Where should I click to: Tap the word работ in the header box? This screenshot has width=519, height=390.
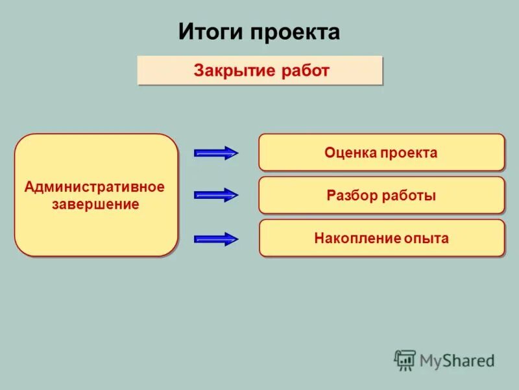pyautogui.click(x=305, y=70)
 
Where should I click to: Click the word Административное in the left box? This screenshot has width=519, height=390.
pyautogui.click(x=95, y=187)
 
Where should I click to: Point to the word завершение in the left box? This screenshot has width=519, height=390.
pyautogui.click(x=95, y=204)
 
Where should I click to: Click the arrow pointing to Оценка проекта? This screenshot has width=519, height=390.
pyautogui.click(x=217, y=153)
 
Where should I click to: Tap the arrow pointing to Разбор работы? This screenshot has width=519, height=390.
pyautogui.click(x=217, y=194)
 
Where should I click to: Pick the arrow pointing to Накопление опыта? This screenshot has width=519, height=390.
pyautogui.click(x=217, y=239)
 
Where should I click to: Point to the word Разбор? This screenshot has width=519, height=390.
pyautogui.click(x=352, y=196)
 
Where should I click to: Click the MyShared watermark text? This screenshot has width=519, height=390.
pyautogui.click(x=457, y=359)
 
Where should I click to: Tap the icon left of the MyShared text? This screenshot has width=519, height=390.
pyautogui.click(x=405, y=359)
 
